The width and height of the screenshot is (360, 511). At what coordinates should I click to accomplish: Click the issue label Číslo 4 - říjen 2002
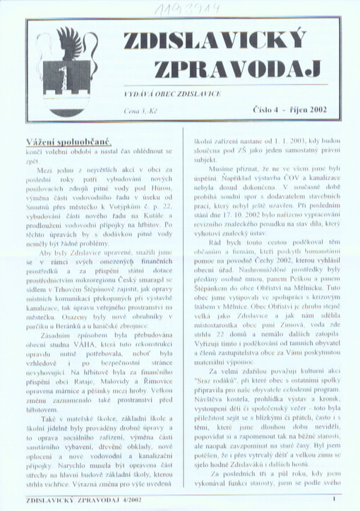288,109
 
